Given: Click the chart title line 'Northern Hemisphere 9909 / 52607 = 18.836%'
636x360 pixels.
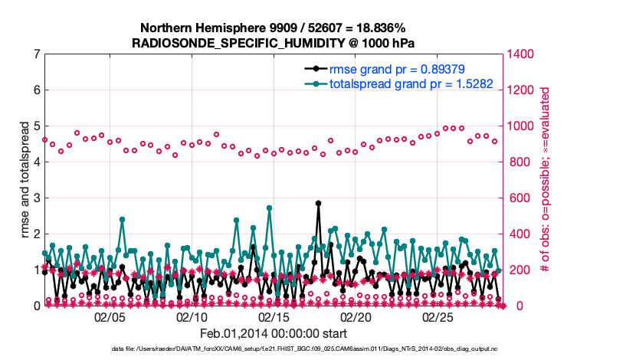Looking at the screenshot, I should click(x=273, y=28).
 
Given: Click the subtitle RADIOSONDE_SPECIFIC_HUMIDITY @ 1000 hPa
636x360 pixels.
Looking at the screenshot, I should click(x=273, y=43).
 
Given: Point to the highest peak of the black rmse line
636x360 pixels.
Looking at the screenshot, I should click(x=318, y=204).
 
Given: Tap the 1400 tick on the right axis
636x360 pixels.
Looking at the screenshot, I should click(x=521, y=54).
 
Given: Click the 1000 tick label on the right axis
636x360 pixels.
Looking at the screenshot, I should click(x=521, y=126).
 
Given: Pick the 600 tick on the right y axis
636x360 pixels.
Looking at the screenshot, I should click(x=518, y=198).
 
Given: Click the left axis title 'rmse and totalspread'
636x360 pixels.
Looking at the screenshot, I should click(x=23, y=181).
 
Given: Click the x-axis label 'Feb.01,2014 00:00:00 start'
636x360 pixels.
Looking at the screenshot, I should click(x=273, y=333).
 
